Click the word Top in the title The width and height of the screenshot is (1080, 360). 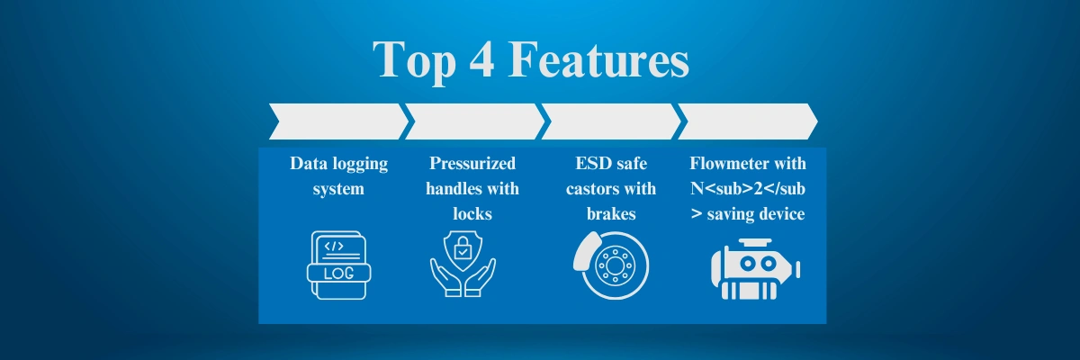pos(414,62)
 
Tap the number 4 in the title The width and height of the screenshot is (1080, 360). pos(481,59)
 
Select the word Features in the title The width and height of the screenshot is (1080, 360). pos(598,59)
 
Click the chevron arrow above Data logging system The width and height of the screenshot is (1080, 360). pos(338,121)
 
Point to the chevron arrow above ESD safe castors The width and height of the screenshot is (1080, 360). pos(611,121)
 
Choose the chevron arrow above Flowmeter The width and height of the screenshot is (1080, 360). pos(748,121)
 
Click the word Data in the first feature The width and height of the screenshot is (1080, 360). pos(306,164)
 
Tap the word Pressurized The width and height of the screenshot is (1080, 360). pos(472,164)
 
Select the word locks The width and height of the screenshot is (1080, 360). pos(472,213)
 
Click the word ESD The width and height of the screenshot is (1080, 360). pos(592,164)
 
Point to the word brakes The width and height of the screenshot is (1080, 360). pos(611,213)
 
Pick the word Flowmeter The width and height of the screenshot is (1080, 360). pos(724,164)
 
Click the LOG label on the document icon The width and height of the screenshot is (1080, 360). pos(339,274)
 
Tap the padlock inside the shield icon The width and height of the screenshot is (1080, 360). pos(463,247)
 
